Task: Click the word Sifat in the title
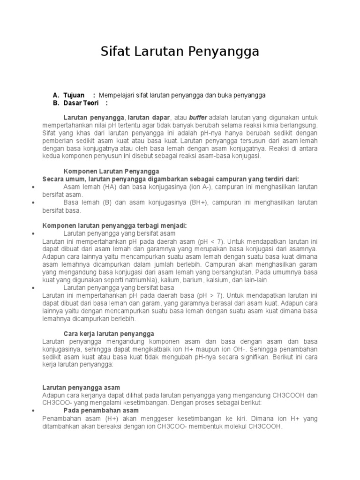click(115, 52)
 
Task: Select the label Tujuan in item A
click(74, 95)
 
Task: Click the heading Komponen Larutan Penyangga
click(112, 171)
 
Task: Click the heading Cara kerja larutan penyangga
click(109, 334)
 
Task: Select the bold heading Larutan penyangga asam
click(82, 388)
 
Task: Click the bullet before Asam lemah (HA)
click(33, 187)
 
